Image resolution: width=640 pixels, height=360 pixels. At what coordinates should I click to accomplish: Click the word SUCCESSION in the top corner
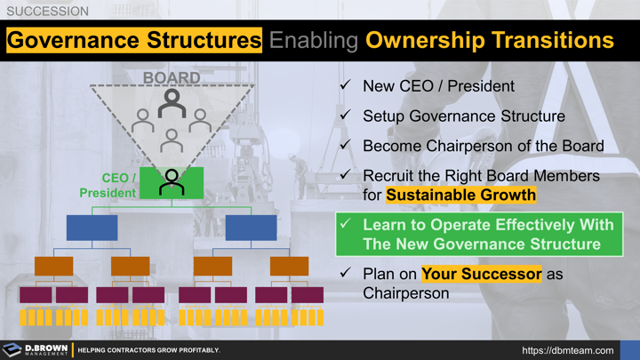click(47, 12)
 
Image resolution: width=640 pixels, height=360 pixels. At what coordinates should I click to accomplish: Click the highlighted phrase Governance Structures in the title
click(134, 40)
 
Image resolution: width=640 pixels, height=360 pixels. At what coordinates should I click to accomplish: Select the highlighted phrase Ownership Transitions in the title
click(490, 40)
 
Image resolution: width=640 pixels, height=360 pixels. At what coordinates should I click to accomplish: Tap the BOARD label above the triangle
click(172, 77)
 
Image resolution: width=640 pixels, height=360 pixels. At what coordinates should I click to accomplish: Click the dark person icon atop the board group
click(172, 103)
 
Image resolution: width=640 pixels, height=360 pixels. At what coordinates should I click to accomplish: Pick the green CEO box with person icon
click(172, 183)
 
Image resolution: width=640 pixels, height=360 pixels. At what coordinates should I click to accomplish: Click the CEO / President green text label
click(108, 186)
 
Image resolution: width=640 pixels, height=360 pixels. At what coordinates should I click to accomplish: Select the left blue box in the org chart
click(92, 228)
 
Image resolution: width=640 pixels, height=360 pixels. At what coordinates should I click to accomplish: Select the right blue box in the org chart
click(251, 228)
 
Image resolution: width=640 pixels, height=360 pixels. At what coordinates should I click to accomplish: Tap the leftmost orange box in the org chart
click(53, 266)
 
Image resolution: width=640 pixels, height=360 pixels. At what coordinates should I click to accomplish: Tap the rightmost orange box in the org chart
click(289, 266)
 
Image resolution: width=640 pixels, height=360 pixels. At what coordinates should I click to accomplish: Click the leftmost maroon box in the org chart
click(36, 294)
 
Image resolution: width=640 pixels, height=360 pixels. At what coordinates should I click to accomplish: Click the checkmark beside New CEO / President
click(345, 86)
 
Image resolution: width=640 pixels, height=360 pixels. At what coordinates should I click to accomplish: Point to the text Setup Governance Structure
click(463, 116)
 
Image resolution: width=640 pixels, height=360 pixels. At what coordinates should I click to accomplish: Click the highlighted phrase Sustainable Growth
click(461, 195)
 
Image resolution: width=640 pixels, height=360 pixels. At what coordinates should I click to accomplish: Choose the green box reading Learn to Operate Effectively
click(479, 235)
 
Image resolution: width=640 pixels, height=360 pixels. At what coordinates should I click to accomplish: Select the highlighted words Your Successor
click(481, 274)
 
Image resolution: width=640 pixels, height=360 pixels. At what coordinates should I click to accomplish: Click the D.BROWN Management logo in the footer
click(36, 350)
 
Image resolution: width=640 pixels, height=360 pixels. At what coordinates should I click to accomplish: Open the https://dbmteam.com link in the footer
click(568, 350)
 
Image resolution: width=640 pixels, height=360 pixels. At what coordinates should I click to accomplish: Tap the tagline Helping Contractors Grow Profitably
click(148, 350)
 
